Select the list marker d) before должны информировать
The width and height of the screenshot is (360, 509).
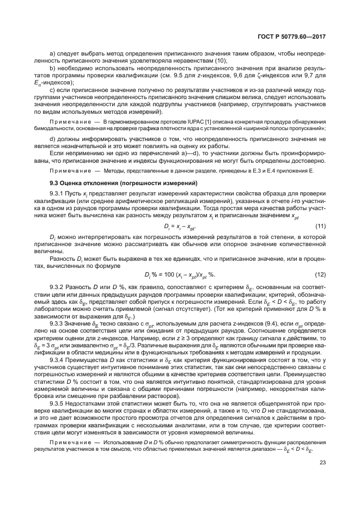coord(52,139)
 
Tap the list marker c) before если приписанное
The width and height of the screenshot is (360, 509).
coord(52,89)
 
